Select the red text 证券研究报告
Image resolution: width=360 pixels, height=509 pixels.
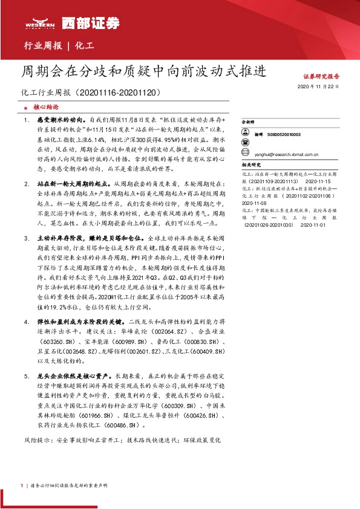[321, 77]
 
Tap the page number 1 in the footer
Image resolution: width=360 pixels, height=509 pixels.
[22, 485]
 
